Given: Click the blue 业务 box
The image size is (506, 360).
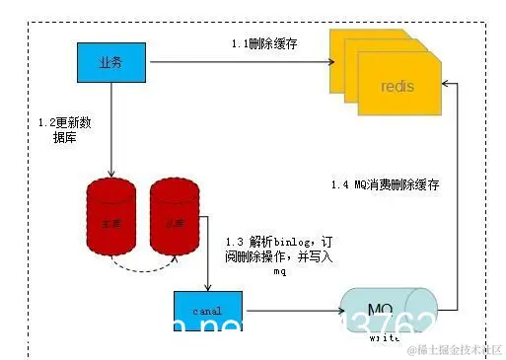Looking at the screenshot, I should tap(110, 62).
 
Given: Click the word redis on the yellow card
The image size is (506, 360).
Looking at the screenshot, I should tap(397, 87).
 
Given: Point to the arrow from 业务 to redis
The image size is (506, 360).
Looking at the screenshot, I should tap(237, 62).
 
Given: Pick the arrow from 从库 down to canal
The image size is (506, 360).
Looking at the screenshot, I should tap(209, 266).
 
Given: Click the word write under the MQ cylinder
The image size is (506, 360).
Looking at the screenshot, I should tap(384, 337).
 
